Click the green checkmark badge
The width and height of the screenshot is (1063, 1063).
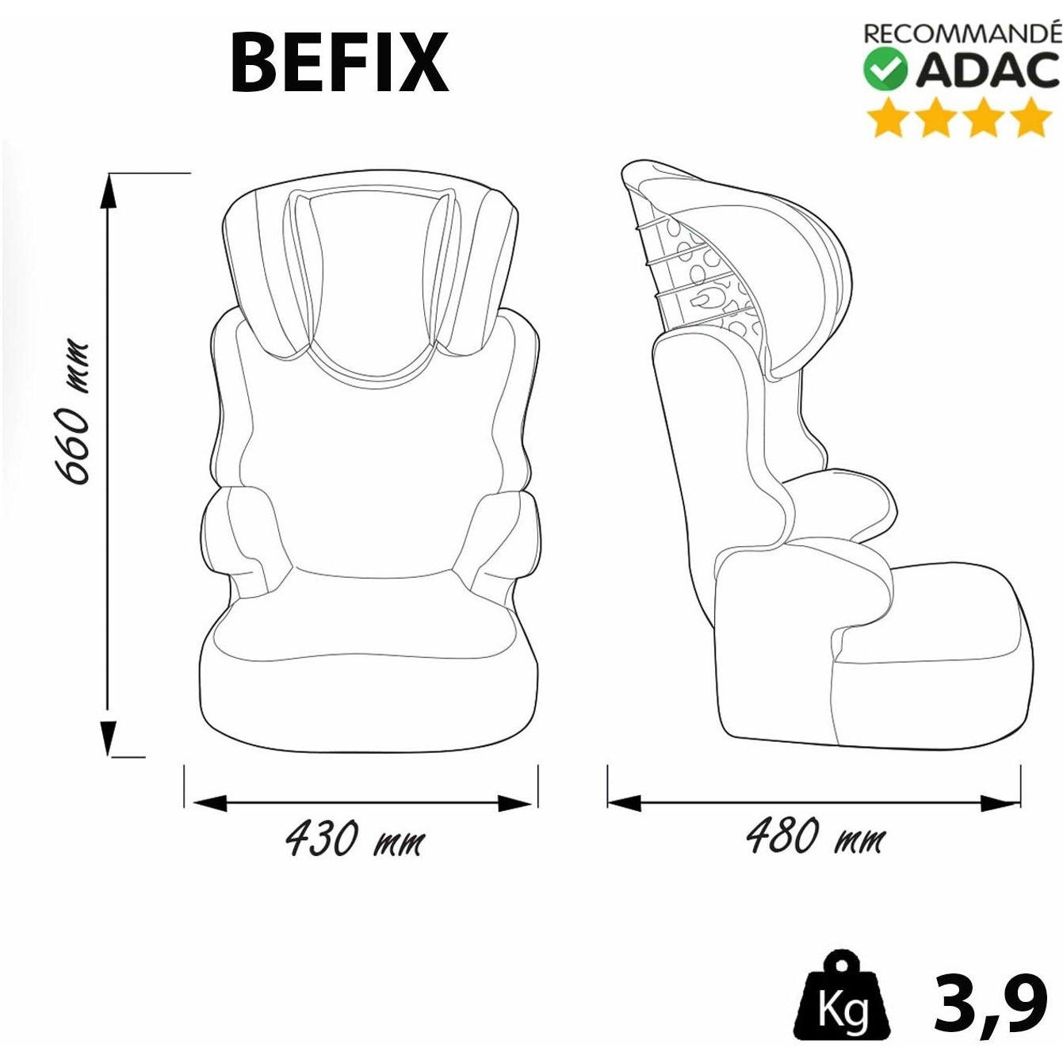click(885, 69)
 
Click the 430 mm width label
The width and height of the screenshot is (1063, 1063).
click(355, 853)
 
